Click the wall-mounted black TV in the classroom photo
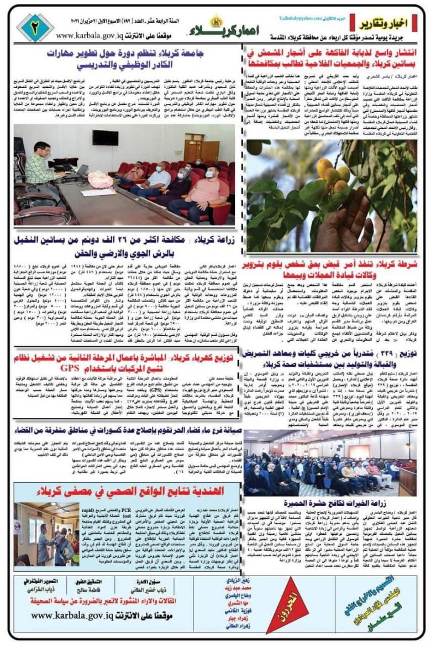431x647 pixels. point(105,138)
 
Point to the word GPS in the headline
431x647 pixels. point(72,367)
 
